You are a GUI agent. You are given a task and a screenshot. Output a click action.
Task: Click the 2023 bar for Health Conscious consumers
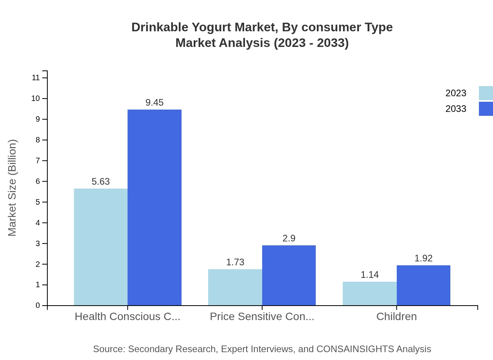tap(101, 247)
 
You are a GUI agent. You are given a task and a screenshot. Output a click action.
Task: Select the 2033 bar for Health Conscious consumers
tap(155, 207)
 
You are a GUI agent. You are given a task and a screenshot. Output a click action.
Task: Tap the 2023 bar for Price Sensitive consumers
tap(235, 287)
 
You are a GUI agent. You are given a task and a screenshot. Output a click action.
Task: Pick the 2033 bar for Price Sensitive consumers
tap(289, 275)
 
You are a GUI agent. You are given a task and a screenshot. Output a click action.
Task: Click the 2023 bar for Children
tap(369, 293)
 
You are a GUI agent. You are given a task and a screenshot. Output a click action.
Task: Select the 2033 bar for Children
tap(423, 285)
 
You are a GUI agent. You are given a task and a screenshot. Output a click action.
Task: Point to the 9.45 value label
tap(155, 103)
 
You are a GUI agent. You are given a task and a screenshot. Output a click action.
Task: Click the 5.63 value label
tap(101, 182)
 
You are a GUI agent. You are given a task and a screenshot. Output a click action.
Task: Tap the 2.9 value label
tap(289, 238)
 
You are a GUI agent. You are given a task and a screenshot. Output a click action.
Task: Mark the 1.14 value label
tap(369, 275)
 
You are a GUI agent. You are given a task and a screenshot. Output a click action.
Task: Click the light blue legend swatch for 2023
tap(486, 93)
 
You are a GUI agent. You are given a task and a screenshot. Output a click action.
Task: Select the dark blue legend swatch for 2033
tap(486, 109)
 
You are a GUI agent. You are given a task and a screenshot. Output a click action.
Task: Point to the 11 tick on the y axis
tap(36, 78)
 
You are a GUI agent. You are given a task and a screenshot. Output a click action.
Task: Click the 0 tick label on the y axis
tap(38, 306)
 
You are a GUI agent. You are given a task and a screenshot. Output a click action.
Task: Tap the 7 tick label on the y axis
tap(38, 161)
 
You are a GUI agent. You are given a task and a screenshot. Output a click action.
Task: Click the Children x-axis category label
tap(396, 317)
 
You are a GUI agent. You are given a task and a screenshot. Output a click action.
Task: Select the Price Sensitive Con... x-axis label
tap(262, 317)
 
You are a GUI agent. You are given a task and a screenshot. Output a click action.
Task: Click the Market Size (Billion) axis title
tap(12, 188)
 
